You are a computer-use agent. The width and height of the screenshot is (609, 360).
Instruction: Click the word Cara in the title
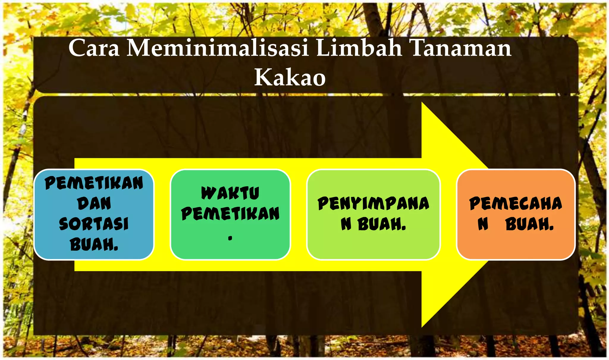(94, 48)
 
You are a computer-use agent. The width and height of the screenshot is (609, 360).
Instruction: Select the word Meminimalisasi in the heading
(218, 48)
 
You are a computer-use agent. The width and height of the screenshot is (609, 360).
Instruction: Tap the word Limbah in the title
(359, 48)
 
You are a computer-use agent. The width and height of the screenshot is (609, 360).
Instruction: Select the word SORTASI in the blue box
(94, 224)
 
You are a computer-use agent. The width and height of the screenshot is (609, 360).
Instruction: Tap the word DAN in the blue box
(94, 204)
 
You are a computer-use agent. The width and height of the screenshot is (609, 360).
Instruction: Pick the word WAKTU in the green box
(230, 193)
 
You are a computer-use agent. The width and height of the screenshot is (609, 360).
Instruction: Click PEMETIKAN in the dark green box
(230, 214)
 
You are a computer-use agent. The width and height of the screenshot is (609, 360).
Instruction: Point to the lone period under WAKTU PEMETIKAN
(230, 238)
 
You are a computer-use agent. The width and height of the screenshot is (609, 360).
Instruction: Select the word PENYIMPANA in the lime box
(373, 204)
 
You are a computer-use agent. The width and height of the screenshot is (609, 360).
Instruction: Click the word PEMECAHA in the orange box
(516, 204)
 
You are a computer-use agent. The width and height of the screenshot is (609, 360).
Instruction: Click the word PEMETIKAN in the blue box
(94, 183)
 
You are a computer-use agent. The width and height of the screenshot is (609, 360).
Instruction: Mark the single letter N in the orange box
(483, 224)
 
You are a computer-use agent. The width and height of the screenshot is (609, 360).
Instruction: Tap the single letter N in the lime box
(346, 224)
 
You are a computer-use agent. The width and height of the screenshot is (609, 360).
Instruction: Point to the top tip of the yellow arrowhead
(422, 103)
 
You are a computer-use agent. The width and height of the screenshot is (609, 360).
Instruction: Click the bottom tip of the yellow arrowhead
(422, 327)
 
